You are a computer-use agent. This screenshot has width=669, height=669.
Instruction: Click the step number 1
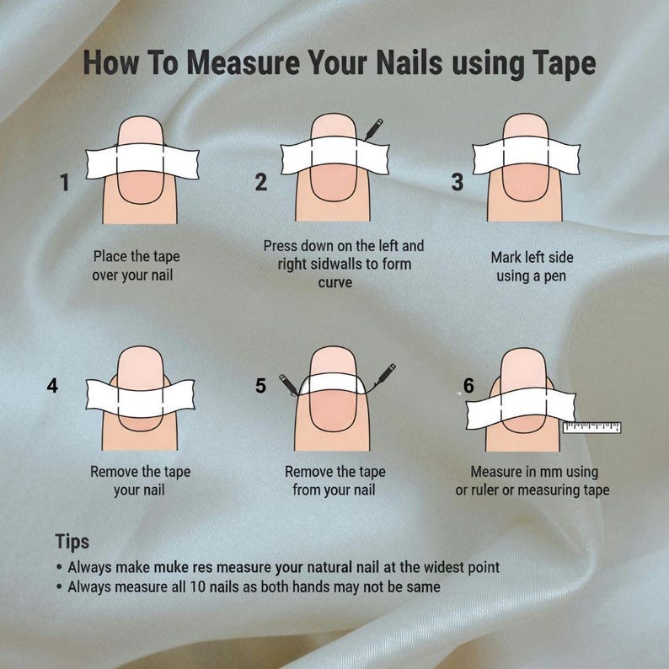pyautogui.click(x=65, y=182)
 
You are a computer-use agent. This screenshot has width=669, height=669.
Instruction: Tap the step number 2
pyautogui.click(x=261, y=182)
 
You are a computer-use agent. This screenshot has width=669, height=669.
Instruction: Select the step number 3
pyautogui.click(x=458, y=182)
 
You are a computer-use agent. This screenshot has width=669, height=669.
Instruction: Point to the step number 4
pyautogui.click(x=52, y=385)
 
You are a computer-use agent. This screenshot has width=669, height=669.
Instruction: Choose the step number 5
pyautogui.click(x=260, y=385)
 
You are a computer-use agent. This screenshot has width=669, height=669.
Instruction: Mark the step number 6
pyautogui.click(x=468, y=385)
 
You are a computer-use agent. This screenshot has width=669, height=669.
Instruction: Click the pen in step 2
pyautogui.click(x=373, y=130)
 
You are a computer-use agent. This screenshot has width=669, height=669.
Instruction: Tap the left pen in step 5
pyautogui.click(x=289, y=385)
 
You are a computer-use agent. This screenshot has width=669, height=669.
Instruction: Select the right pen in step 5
pyautogui.click(x=385, y=375)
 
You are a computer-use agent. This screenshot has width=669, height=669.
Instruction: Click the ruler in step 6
pyautogui.click(x=591, y=427)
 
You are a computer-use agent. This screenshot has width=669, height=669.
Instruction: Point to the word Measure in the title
pyautogui.click(x=244, y=62)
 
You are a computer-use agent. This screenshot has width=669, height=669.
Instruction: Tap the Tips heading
pyautogui.click(x=72, y=542)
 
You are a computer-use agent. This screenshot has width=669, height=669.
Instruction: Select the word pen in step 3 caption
pyautogui.click(x=554, y=276)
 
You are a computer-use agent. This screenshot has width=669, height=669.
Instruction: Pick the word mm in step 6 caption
pyautogui.click(x=551, y=472)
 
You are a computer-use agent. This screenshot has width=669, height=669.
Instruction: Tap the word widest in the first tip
pyautogui.click(x=442, y=567)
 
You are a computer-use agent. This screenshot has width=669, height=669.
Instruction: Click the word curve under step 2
pyautogui.click(x=335, y=283)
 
